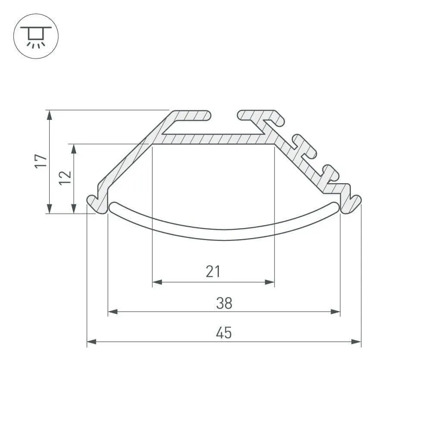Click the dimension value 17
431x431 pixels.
(x=41, y=161)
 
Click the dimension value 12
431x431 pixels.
(x=66, y=178)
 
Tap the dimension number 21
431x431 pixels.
(x=213, y=271)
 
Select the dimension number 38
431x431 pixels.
(x=224, y=303)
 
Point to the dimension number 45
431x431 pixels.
(x=224, y=333)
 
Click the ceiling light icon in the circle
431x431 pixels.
(x=36, y=37)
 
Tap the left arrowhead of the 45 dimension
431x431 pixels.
(x=91, y=342)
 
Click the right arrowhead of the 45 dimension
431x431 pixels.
(x=356, y=342)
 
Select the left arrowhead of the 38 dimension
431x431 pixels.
(x=112, y=312)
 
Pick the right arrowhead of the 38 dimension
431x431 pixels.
(x=335, y=312)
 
